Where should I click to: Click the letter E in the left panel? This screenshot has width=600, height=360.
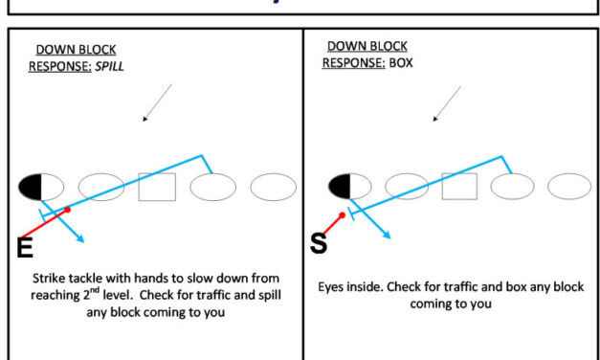coord(25,247)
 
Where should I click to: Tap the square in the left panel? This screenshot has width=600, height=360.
coord(157,187)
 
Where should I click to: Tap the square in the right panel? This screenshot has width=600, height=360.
coord(459,187)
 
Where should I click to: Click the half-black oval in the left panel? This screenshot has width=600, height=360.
coord(41,187)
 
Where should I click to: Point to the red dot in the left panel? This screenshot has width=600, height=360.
coord(67,209)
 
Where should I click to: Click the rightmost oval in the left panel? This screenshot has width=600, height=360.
coord(273,187)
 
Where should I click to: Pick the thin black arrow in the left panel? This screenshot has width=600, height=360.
coord(157,103)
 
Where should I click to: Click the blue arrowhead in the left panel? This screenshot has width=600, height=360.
coord(81,239)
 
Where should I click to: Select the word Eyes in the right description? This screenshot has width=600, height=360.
coord(334,286)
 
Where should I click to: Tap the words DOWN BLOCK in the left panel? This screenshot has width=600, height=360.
coord(77,50)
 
